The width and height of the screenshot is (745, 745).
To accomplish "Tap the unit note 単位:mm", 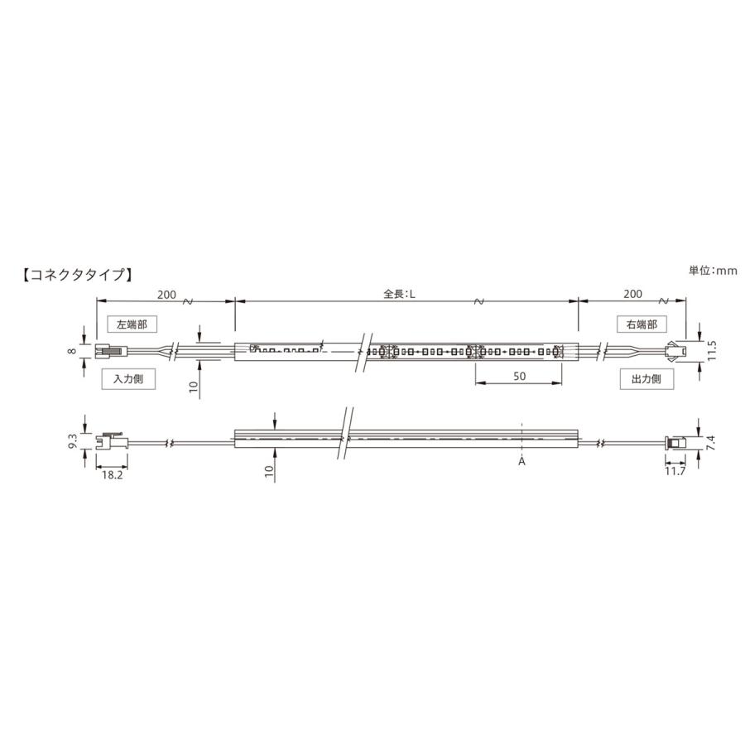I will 712,270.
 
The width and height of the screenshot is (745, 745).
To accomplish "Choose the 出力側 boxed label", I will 646,379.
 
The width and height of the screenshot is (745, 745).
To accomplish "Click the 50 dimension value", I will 521,376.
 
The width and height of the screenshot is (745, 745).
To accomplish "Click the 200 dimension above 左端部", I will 166,294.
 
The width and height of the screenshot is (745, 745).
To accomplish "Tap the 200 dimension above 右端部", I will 632,294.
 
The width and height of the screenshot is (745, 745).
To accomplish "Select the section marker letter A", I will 521,462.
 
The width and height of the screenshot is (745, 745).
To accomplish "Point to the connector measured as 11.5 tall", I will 675,351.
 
